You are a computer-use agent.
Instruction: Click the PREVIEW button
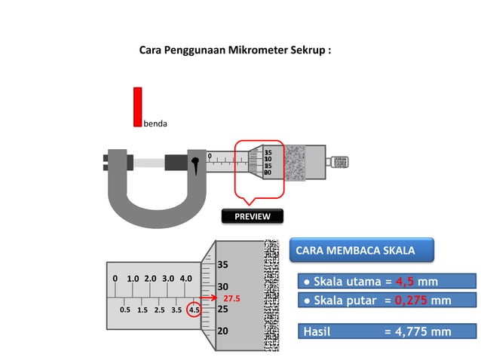pos(252,216)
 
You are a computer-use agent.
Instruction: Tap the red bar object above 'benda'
pos(138,106)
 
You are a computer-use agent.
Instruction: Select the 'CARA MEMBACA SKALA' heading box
pos(362,250)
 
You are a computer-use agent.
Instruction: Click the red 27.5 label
pos(231,299)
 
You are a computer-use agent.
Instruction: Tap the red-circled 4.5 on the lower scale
pos(195,310)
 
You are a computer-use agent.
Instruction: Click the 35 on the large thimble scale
pos(222,265)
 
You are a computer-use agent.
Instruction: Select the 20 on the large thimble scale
pos(222,331)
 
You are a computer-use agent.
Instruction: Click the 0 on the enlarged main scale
pos(115,279)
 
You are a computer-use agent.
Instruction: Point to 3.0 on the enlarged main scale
pos(167,279)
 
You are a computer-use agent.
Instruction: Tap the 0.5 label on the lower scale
pos(124,310)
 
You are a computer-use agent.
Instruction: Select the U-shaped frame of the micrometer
pos(155,203)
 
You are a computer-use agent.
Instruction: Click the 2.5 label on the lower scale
pos(159,310)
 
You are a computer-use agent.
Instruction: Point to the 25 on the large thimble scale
pos(222,309)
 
